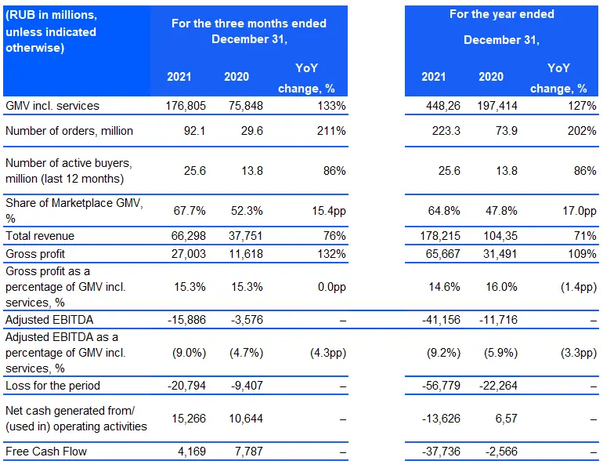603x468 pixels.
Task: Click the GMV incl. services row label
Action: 52,106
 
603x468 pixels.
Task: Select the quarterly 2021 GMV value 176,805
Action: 186,106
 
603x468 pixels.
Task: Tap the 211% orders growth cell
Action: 331,131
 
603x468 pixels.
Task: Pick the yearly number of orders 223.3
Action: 446,131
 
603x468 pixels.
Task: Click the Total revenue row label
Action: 40,235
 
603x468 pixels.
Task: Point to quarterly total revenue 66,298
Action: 189,235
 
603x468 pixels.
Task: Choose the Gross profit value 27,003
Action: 189,254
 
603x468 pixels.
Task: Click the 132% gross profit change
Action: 331,254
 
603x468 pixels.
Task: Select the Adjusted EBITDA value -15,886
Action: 186,319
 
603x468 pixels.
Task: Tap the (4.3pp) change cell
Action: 328,353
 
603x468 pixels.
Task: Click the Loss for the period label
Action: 52,385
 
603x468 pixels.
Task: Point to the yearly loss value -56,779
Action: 441,385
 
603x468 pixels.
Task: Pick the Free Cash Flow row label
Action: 46,451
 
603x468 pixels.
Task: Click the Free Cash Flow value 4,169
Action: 192,451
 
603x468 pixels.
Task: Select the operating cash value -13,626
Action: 441,419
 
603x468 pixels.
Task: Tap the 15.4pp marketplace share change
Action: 329,211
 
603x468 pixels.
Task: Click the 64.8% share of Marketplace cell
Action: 444,211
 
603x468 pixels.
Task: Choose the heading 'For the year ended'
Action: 502,14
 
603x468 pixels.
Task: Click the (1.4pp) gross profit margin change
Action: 579,287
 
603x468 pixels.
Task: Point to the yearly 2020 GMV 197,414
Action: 497,106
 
